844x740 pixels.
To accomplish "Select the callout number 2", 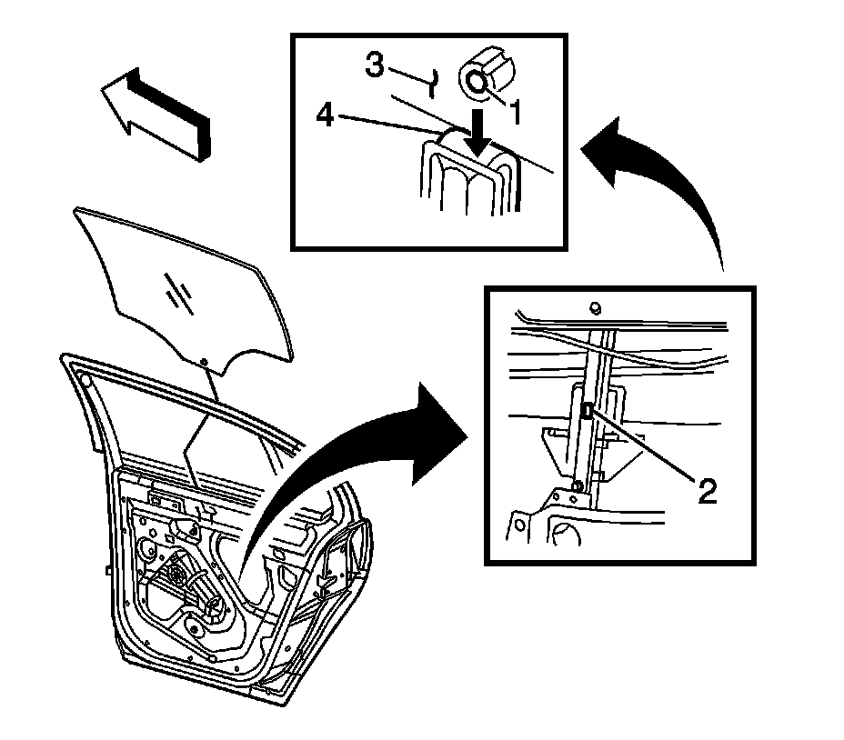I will click(708, 492).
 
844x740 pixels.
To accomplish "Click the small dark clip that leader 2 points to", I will click(588, 412).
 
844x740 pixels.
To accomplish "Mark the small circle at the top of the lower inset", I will click(594, 306).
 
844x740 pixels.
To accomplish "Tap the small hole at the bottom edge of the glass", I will click(206, 363).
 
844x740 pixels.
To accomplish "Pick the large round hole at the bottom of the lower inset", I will click(566, 536).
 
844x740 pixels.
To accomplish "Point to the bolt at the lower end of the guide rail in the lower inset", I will click(578, 485).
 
